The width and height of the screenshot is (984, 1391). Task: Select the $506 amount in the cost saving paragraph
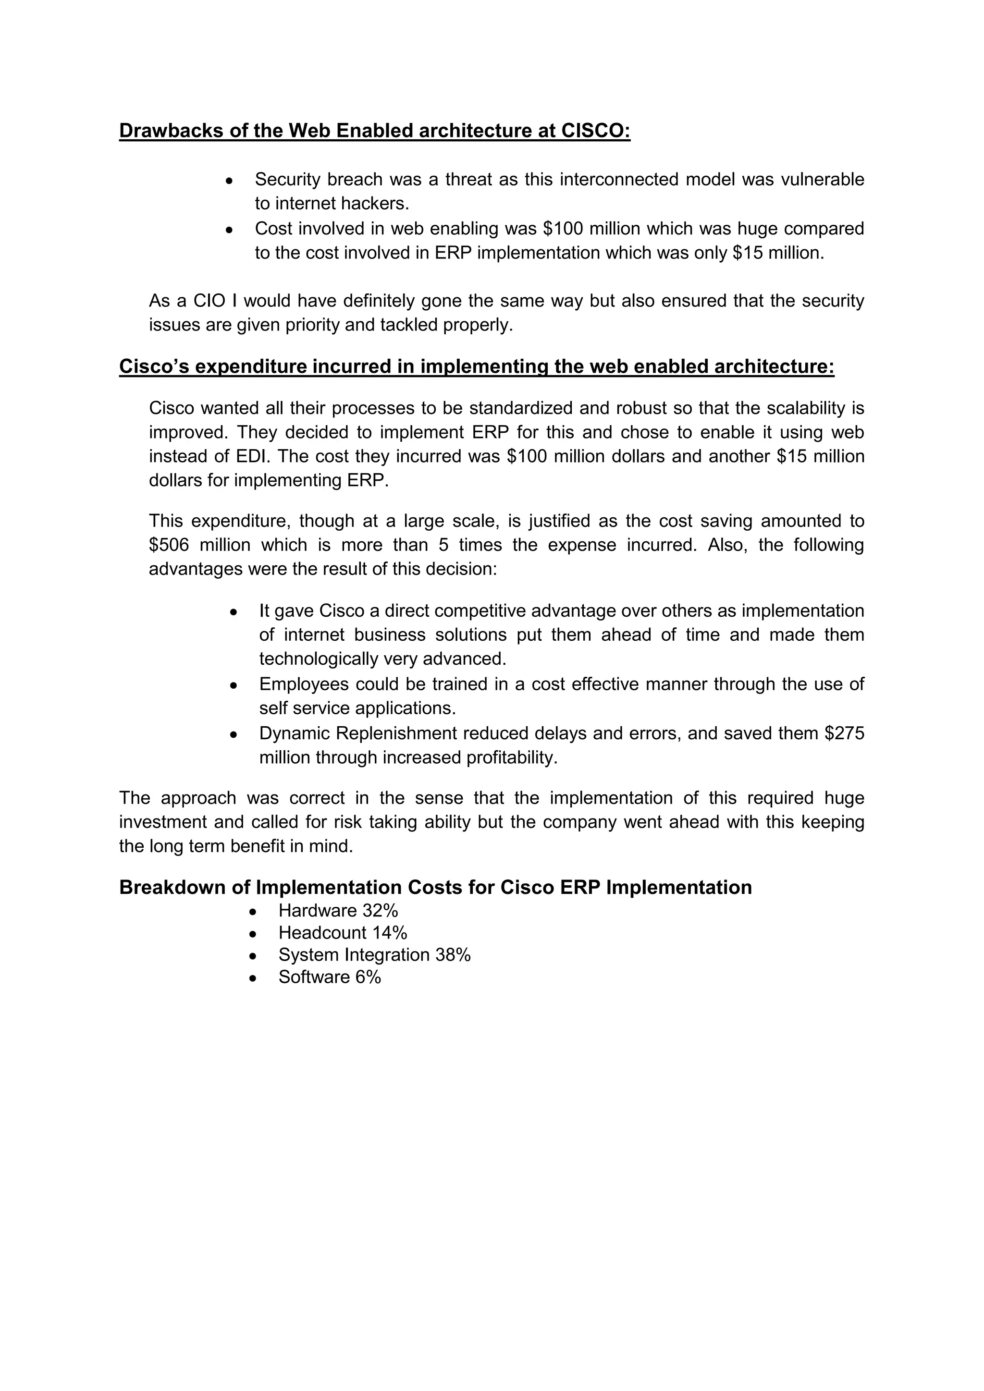(169, 545)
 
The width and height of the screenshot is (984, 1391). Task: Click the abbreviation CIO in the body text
(209, 301)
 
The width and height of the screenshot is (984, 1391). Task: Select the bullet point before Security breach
(229, 181)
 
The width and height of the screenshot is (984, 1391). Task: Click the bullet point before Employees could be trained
(234, 685)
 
